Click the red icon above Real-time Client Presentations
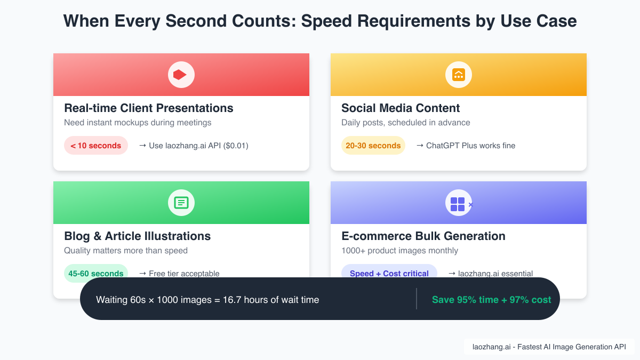[x=181, y=75]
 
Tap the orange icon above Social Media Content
[x=458, y=75]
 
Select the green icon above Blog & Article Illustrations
[x=181, y=203]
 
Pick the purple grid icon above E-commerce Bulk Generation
[x=458, y=204]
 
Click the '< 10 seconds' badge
[x=96, y=146]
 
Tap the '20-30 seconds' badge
[x=373, y=146]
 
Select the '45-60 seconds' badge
[x=96, y=273]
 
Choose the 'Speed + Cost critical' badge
[x=389, y=273]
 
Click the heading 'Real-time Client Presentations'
[x=149, y=108]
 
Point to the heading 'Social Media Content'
[x=401, y=108]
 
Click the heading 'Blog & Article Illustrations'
[x=137, y=236]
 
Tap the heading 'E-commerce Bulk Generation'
[x=423, y=236]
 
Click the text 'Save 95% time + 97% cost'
[x=491, y=300]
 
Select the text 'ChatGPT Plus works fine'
[x=470, y=146]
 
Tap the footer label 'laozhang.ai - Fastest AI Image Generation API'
[x=549, y=347]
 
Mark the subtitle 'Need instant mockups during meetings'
[x=138, y=123]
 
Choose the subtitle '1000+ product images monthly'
[x=399, y=251]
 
